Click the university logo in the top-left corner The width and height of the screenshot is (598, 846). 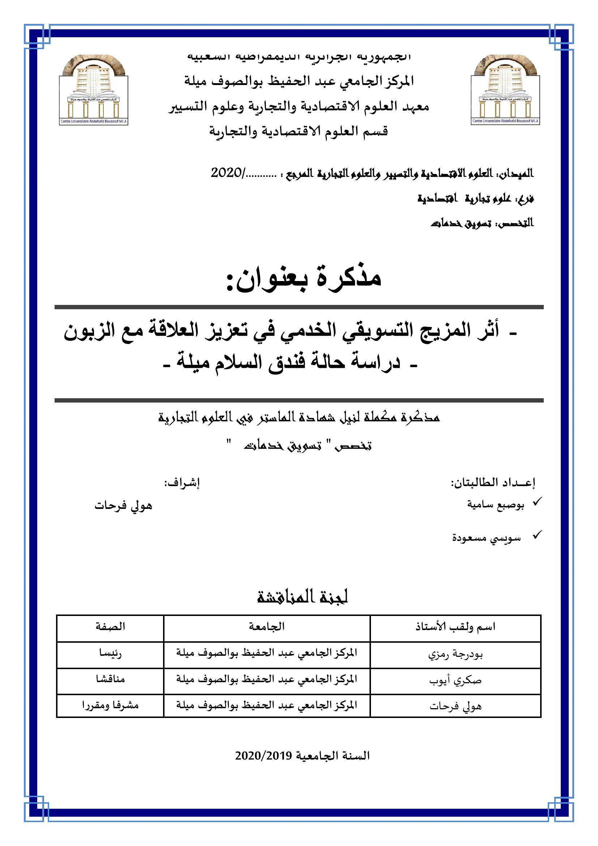(94, 90)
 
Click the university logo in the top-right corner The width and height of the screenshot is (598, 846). (505, 90)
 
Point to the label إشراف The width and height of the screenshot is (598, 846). (181, 484)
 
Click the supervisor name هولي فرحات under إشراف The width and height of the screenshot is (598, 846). (123, 506)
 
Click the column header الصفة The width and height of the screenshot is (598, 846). (110, 626)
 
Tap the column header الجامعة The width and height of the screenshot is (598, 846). (266, 626)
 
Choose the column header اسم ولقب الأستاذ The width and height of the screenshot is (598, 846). (455, 627)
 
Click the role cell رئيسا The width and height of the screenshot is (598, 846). (110, 653)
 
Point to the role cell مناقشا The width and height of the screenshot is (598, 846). (110, 679)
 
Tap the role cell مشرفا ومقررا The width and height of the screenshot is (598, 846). (110, 705)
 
